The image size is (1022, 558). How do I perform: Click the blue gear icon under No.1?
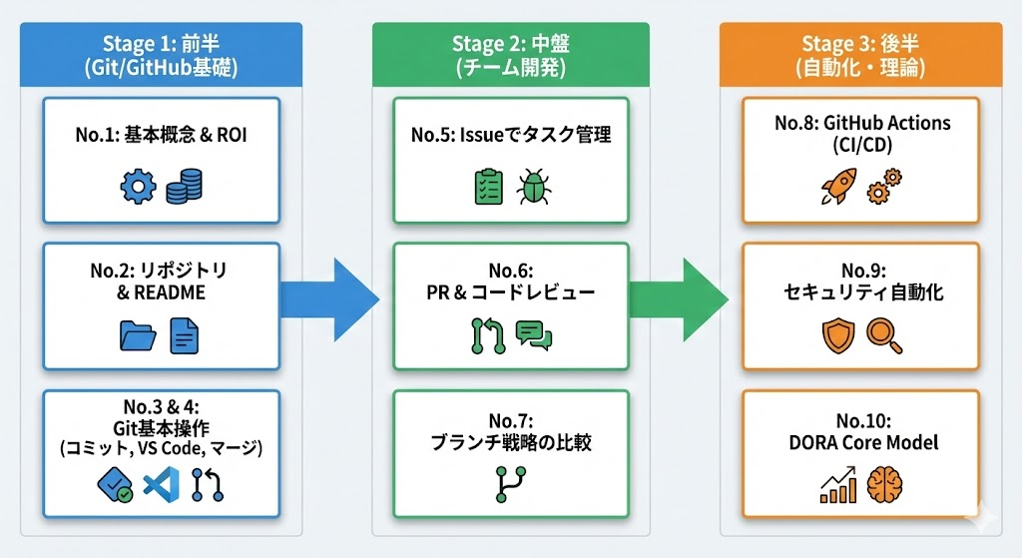138,188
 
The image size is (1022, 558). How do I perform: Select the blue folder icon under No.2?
138,335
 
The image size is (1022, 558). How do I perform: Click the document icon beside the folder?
185,335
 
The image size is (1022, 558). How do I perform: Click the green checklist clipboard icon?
487,188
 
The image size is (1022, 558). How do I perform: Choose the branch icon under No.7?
510,484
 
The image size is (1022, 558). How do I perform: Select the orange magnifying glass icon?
884,336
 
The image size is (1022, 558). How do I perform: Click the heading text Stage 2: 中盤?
510,43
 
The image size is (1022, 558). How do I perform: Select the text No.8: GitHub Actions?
861,123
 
